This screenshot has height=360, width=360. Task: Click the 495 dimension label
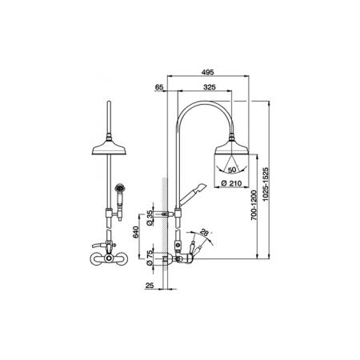(x=208, y=72)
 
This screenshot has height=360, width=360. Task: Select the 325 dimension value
(x=210, y=87)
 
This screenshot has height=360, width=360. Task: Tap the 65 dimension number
(x=159, y=87)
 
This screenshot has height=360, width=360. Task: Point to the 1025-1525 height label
(x=266, y=184)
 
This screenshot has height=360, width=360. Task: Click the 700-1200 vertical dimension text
(x=254, y=205)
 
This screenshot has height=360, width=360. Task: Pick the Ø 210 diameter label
(x=232, y=183)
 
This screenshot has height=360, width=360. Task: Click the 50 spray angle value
(x=232, y=170)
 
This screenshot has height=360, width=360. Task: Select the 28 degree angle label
(x=205, y=232)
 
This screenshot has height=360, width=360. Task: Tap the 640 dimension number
(x=136, y=232)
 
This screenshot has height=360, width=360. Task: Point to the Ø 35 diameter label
(x=150, y=218)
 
